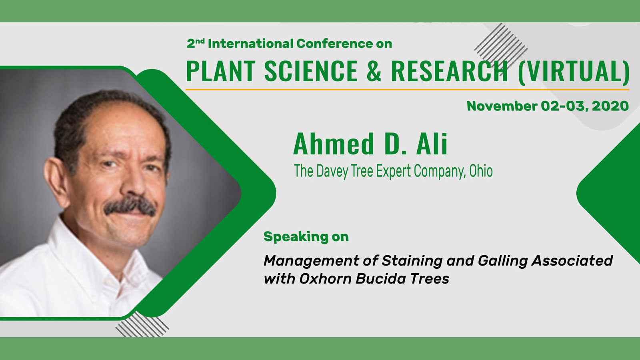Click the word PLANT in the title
pyautogui.click(x=220, y=71)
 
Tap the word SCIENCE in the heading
pyautogui.click(x=311, y=71)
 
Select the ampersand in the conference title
pyautogui.click(x=374, y=71)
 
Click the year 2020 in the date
pyautogui.click(x=610, y=106)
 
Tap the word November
pyautogui.click(x=502, y=106)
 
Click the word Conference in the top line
pyautogui.click(x=334, y=44)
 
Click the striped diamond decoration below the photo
pyautogui.click(x=142, y=325)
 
